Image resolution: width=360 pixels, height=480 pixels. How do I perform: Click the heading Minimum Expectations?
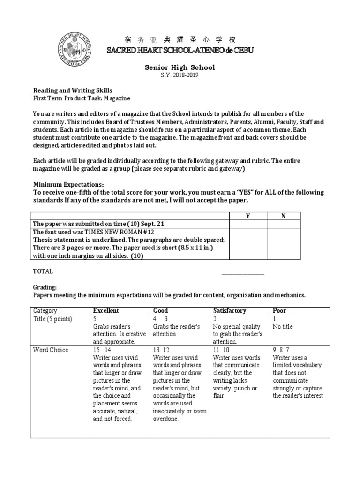pyautogui.click(x=68, y=185)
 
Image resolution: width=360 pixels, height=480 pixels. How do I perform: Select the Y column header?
pyautogui.click(x=248, y=216)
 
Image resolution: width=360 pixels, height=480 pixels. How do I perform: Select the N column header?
pyautogui.click(x=283, y=216)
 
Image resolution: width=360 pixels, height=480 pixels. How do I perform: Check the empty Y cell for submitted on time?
pyautogui.click(x=248, y=224)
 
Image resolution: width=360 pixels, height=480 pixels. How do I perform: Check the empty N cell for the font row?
pyautogui.click(x=283, y=244)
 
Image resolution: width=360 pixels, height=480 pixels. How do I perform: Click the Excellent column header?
pyautogui.click(x=106, y=310)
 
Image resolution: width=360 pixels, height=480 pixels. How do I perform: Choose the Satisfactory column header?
pyautogui.click(x=230, y=310)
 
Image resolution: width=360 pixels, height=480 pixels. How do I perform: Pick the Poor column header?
pyautogui.click(x=280, y=310)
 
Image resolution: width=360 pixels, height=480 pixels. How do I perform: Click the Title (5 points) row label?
pyautogui.click(x=52, y=319)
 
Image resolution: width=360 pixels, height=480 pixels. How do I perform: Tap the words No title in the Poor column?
pyautogui.click(x=283, y=326)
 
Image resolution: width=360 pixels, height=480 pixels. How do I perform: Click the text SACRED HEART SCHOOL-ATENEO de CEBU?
pyautogui.click(x=180, y=50)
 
